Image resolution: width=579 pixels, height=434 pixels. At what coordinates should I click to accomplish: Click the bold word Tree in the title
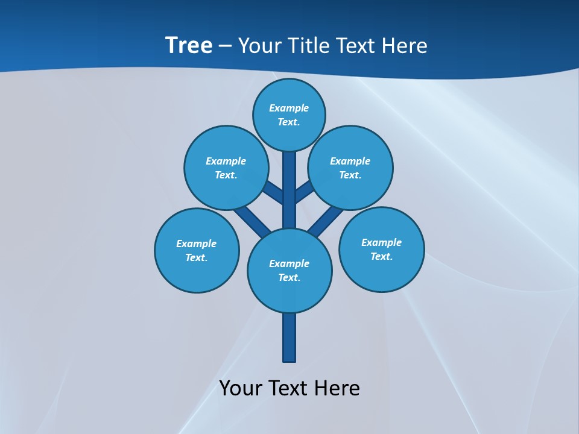(x=189, y=45)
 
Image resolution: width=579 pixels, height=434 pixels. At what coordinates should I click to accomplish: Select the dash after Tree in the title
(x=225, y=46)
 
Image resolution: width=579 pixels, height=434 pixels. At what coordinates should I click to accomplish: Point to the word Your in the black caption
(x=241, y=388)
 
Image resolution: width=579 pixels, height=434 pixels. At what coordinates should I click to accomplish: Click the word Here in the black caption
(x=337, y=388)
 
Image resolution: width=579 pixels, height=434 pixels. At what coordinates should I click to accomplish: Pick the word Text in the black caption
(x=287, y=388)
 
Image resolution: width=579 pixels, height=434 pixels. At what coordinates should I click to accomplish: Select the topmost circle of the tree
(x=289, y=115)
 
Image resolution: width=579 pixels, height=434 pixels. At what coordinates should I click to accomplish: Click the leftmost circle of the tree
(x=197, y=250)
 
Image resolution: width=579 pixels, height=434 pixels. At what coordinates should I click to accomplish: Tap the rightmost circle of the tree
(x=382, y=250)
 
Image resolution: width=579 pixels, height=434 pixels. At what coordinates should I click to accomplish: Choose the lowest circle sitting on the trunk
(x=289, y=271)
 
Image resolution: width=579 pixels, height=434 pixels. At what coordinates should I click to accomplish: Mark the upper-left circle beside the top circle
(x=226, y=168)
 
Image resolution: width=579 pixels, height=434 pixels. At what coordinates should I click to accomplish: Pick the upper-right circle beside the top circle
(x=350, y=168)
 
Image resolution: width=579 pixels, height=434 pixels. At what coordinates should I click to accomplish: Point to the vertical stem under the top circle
(x=289, y=187)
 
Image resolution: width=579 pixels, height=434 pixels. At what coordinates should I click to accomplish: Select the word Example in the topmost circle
(x=289, y=108)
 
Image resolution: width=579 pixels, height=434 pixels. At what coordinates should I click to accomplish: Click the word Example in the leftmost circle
(x=196, y=244)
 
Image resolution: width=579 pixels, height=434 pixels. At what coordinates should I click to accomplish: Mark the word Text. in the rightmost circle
(x=381, y=256)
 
